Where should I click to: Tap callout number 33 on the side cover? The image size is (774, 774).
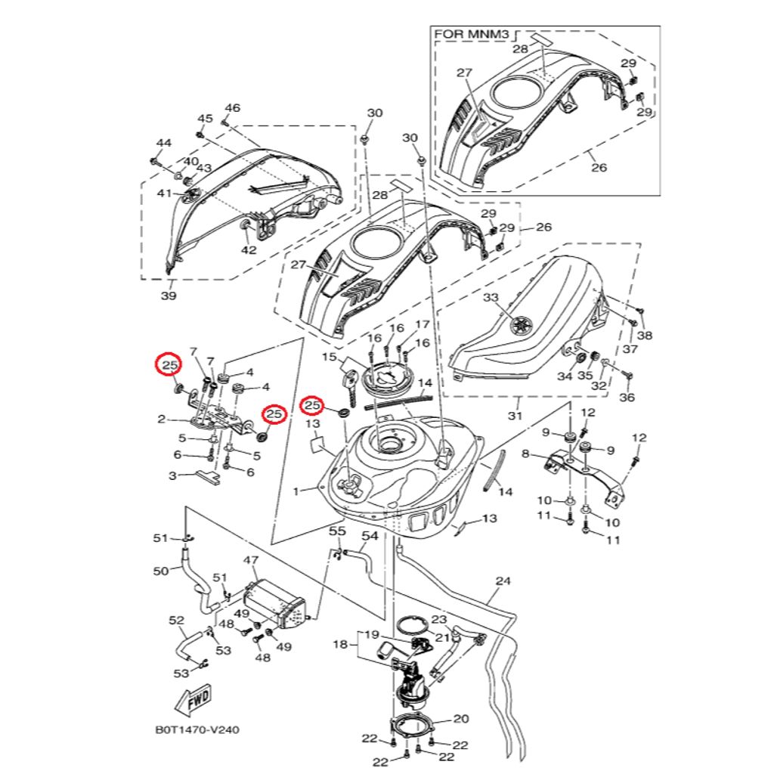tap(491, 298)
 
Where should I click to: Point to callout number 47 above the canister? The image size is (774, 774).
tap(251, 561)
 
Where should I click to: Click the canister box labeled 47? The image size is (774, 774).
tap(276, 604)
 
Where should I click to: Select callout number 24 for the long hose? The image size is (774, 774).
tap(503, 581)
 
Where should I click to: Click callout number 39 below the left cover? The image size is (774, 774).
tap(169, 296)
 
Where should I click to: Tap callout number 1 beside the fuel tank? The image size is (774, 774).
tap(297, 491)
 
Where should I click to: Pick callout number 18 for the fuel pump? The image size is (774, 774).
tap(340, 645)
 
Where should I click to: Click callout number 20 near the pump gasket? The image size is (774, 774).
tap(461, 718)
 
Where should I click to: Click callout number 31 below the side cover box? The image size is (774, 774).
tap(515, 415)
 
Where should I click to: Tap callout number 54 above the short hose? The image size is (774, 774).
tap(369, 536)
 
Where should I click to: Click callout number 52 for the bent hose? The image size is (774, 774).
tap(176, 621)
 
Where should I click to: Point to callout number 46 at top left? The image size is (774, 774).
tap(232, 108)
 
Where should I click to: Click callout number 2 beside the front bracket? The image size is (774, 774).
tap(162, 419)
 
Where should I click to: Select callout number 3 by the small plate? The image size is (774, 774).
tap(172, 476)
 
